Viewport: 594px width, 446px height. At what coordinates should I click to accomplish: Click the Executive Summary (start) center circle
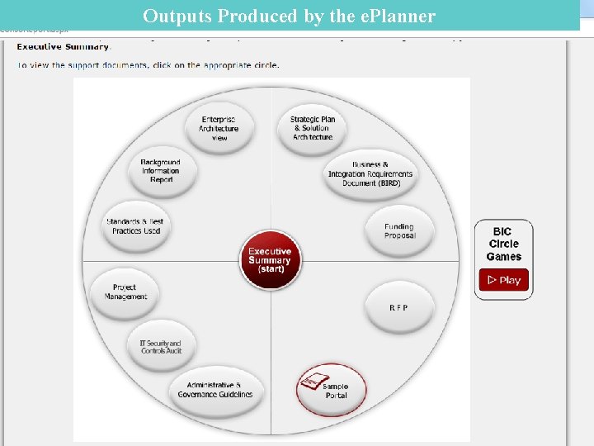pos(270,260)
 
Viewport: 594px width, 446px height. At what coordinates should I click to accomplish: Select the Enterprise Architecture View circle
pos(219,129)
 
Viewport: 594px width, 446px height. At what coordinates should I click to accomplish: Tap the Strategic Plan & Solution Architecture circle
pos(313,129)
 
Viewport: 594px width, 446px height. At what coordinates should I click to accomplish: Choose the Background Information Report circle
pos(160,171)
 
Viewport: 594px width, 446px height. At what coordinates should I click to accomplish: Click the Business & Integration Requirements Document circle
pos(370,174)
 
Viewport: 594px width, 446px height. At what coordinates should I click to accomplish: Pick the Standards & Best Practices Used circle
pos(134,226)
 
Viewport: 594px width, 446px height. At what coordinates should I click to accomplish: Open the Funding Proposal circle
pos(399,231)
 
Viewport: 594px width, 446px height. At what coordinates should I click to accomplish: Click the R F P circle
pos(398,308)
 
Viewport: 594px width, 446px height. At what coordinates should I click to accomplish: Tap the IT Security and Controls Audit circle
pos(161,347)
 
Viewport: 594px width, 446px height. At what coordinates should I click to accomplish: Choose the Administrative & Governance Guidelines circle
pos(215,390)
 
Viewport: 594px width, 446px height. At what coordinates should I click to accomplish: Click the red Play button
pos(503,280)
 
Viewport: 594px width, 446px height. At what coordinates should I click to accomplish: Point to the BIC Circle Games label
pos(503,244)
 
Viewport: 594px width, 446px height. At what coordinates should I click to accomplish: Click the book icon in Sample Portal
pos(311,381)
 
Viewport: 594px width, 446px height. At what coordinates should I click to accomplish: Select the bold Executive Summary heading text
pos(64,46)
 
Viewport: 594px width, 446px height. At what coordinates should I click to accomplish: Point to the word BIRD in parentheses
pos(388,183)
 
